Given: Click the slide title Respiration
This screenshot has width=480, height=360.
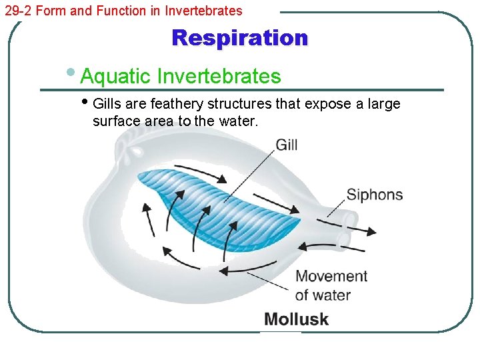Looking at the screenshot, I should pos(240,38).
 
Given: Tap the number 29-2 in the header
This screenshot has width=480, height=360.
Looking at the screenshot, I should pos(18,11).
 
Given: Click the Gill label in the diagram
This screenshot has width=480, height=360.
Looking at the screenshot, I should pos(286,145).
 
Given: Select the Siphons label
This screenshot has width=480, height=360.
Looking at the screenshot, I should pos(374,195).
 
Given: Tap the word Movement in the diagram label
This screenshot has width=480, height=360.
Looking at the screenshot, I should pos(331,276).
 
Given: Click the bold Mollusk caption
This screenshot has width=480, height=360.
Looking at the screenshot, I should pos(296,319).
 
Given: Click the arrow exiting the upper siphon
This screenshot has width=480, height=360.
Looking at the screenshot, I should pos(363,230).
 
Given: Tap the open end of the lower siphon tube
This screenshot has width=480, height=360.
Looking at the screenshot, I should pos(343,238).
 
